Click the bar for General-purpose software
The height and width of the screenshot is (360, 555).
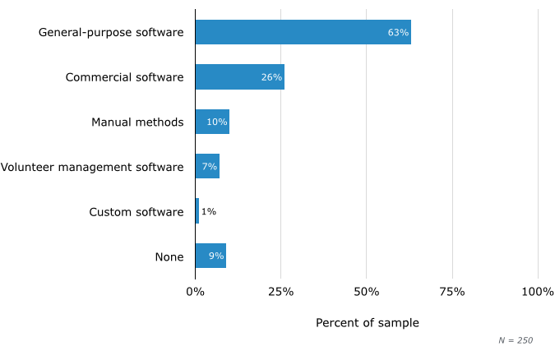click(303, 33)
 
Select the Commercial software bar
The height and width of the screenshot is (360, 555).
click(239, 77)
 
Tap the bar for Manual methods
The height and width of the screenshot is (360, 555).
click(212, 122)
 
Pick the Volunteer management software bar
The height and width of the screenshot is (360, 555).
click(207, 166)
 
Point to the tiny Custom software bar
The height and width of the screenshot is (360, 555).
click(197, 211)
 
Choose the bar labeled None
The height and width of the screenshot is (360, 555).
click(210, 256)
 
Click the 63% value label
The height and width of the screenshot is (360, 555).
click(398, 33)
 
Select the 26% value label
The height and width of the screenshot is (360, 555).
click(271, 77)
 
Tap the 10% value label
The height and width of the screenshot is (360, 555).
click(217, 122)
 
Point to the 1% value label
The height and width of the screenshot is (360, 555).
click(209, 211)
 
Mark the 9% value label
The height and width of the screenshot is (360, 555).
click(216, 256)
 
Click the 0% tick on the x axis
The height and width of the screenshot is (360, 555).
click(195, 292)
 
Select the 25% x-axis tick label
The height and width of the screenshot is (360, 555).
click(281, 292)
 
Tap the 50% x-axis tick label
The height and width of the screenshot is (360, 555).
click(367, 292)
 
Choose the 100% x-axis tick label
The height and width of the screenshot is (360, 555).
click(538, 292)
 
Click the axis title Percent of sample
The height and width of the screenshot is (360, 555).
click(367, 323)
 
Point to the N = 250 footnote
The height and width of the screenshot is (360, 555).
click(516, 340)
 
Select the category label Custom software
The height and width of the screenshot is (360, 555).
click(136, 212)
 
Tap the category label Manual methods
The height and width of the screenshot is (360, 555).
click(137, 122)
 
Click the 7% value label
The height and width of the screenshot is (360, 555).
click(210, 166)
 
